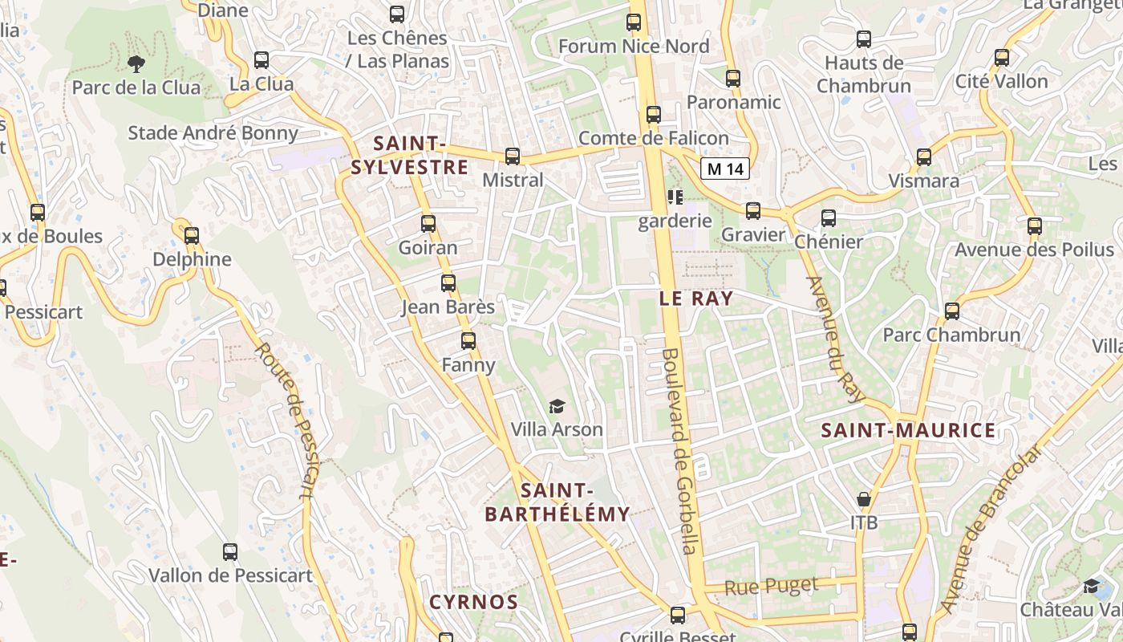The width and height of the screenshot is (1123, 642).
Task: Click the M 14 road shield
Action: (725, 169)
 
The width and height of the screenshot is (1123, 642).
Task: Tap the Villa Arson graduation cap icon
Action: (557, 407)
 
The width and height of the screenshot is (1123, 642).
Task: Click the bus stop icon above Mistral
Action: (513, 156)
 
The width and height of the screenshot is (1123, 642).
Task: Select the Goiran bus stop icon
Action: (428, 224)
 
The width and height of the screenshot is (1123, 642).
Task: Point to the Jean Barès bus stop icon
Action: (448, 283)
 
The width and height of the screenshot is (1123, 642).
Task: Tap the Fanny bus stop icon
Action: (468, 341)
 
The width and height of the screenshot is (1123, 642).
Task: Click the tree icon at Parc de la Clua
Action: (136, 63)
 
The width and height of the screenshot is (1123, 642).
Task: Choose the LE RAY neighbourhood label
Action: (695, 299)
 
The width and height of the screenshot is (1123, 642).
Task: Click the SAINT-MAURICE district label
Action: (908, 431)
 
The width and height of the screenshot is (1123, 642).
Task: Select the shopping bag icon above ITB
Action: (864, 500)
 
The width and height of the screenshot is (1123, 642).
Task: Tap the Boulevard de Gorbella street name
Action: (681, 451)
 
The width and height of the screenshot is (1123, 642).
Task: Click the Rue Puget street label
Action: (771, 587)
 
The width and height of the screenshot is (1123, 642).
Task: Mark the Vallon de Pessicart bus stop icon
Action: (230, 552)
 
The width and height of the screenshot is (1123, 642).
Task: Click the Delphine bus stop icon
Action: (191, 236)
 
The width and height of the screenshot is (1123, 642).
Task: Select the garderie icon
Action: (675, 197)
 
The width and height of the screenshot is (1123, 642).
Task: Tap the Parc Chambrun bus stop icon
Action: (952, 311)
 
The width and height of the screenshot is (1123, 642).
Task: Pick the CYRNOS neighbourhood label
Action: (473, 602)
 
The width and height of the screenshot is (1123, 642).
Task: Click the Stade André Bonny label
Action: (213, 133)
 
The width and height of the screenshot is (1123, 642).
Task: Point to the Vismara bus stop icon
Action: (924, 157)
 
